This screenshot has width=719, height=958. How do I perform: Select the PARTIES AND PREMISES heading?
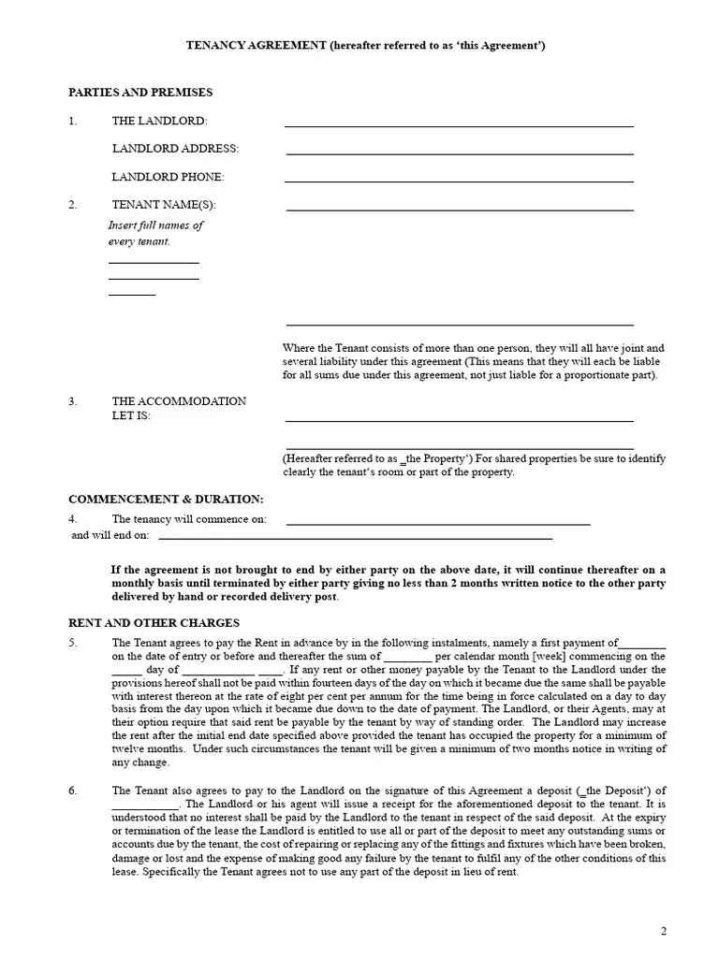[x=140, y=93]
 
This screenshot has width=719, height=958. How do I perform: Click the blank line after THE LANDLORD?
[x=459, y=124]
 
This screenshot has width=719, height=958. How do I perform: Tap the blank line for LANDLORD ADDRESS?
[x=459, y=152]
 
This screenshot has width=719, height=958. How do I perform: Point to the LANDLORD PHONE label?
[x=169, y=177]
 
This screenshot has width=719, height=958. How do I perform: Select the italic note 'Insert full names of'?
[x=155, y=225]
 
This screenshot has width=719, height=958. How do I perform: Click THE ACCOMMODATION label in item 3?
[x=179, y=401]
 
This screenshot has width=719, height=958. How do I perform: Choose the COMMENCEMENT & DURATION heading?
[x=166, y=500]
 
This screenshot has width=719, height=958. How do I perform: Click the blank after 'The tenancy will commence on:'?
[x=438, y=523]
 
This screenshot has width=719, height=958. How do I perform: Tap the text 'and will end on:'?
[x=110, y=536]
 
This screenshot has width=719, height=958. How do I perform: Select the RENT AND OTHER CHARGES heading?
[x=154, y=623]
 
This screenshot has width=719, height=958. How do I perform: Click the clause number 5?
[x=72, y=644]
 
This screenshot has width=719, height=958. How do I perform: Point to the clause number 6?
[x=72, y=791]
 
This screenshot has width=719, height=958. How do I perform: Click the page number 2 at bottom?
[x=663, y=931]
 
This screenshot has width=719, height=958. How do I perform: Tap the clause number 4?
[x=72, y=519]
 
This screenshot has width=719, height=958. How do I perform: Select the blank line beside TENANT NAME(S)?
[x=459, y=209]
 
